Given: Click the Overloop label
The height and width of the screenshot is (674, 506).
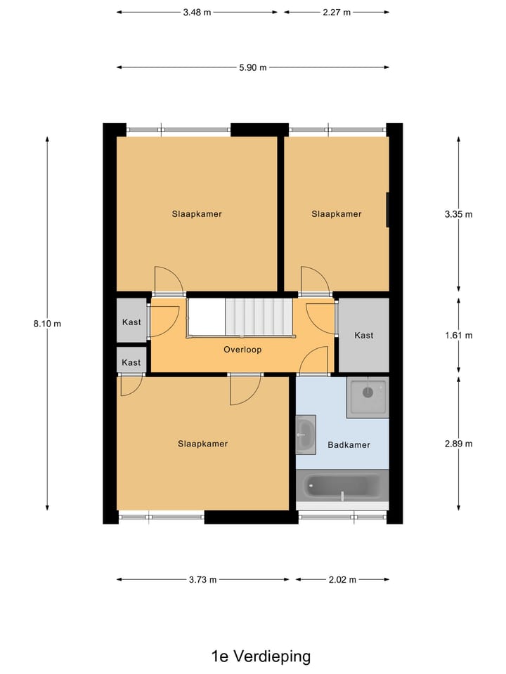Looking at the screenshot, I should click(x=242, y=349).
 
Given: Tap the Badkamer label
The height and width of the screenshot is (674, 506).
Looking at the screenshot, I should click(x=349, y=445).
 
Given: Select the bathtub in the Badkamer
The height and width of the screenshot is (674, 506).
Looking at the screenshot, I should click(x=342, y=487).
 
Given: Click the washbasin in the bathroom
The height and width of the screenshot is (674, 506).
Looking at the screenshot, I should click(x=306, y=435).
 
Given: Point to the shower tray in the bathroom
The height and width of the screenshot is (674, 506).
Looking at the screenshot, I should click(x=368, y=397).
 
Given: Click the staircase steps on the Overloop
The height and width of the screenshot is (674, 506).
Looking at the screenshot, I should click(x=257, y=317).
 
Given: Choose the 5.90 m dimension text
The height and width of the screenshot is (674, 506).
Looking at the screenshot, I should click(x=253, y=67).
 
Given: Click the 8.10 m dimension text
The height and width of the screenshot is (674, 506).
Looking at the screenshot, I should click(x=47, y=324).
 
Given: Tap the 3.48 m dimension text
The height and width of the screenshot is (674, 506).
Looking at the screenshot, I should click(x=197, y=12).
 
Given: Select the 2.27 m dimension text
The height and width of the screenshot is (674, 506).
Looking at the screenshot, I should click(x=337, y=12).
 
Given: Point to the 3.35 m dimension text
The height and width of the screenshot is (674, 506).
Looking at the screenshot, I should click(x=458, y=214).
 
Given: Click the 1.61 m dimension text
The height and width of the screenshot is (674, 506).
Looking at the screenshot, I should click(x=458, y=336).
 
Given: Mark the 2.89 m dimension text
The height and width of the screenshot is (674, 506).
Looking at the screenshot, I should click(x=458, y=444).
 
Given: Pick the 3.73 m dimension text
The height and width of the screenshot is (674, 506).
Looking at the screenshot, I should click(x=202, y=580).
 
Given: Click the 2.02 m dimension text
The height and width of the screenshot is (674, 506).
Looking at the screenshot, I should click(x=342, y=580).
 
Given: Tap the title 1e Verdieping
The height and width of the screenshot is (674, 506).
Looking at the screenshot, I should click(x=261, y=657).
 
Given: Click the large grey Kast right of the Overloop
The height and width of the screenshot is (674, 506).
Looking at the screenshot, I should click(x=364, y=335).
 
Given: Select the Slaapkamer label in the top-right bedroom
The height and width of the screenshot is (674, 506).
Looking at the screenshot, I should click(x=337, y=214).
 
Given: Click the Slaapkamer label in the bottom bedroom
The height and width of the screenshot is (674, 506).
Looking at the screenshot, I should click(x=202, y=444).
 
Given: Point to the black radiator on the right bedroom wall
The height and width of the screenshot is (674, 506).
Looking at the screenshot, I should click(x=387, y=210).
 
